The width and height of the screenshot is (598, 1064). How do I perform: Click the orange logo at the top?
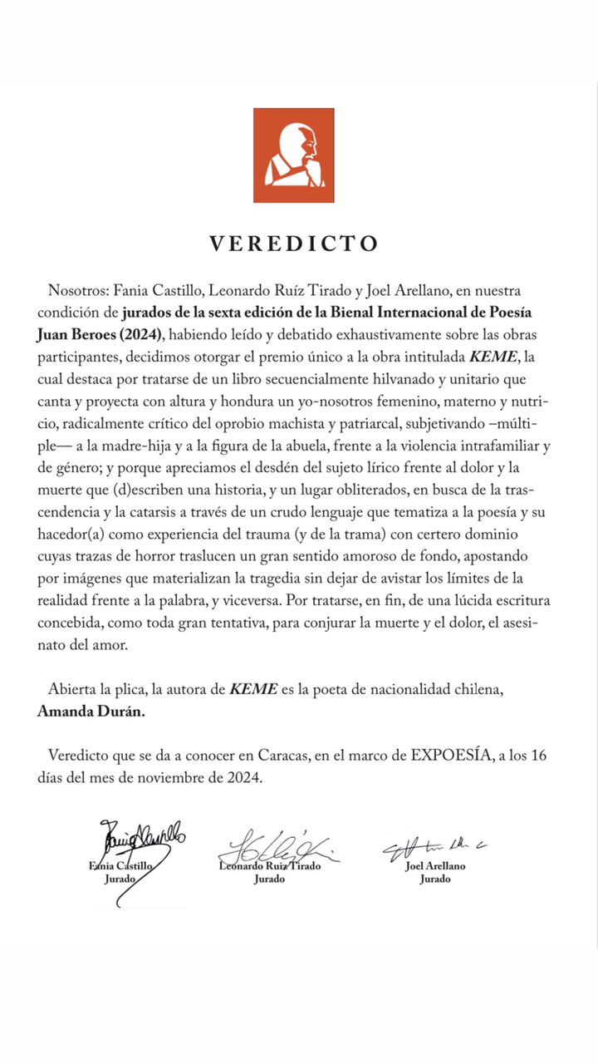pyautogui.click(x=293, y=155)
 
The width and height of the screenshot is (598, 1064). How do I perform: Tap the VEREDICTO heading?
pyautogui.click(x=294, y=244)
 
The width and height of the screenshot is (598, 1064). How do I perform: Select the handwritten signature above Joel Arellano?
pyautogui.click(x=432, y=847)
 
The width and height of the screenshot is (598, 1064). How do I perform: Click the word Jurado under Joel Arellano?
pyautogui.click(x=434, y=879)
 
